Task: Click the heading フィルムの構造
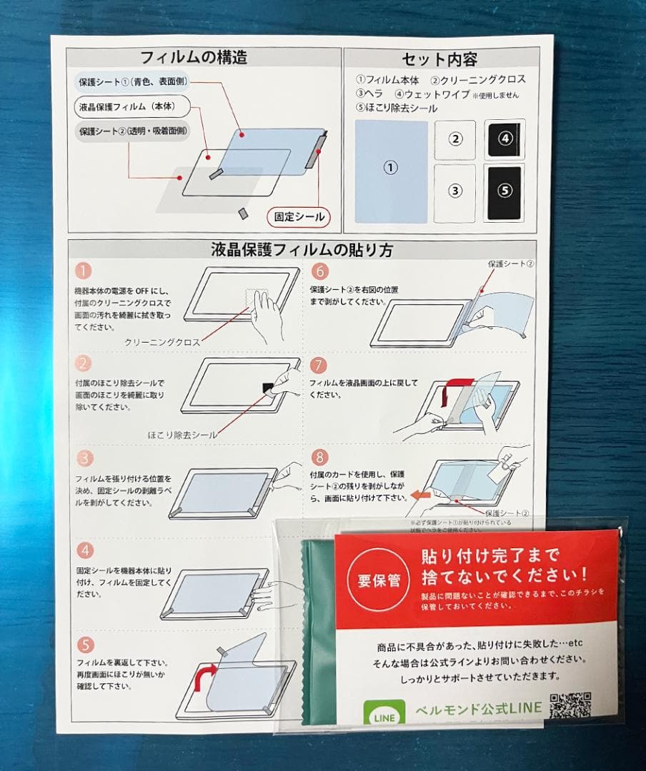[194, 57]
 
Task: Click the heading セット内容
[439, 59]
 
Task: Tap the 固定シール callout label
[299, 217]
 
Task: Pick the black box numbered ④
[505, 139]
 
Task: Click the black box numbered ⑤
[505, 191]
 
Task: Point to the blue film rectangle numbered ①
[391, 170]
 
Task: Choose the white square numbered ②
[455, 139]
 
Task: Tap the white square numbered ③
[455, 191]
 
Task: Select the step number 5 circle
[85, 645]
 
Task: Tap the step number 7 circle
[319, 366]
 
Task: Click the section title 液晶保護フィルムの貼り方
[302, 250]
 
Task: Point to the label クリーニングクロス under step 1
[162, 342]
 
